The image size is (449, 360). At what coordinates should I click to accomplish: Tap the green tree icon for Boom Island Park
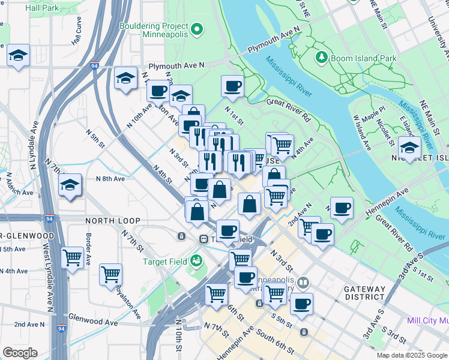322,58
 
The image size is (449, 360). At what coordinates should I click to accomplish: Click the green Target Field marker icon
196,261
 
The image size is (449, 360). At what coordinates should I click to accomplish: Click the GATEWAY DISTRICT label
364,293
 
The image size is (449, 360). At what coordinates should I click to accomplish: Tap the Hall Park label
42,8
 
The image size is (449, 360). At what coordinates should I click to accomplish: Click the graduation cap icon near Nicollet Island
410,148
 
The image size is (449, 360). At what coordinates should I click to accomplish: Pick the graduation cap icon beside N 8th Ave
70,185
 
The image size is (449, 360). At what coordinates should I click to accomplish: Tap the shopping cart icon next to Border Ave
73,258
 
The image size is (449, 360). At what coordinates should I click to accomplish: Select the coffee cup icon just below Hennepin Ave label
342,208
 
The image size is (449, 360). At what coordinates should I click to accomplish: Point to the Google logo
20,353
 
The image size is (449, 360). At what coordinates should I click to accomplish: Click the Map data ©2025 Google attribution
411,355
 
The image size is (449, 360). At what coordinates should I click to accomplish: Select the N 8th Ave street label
110,178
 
